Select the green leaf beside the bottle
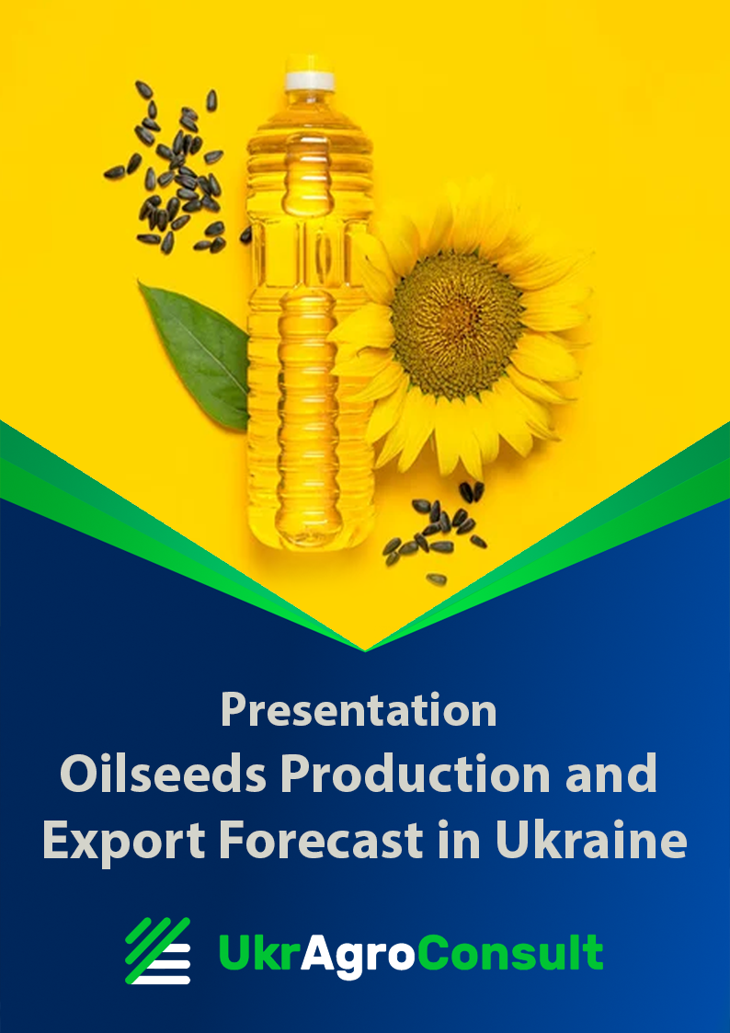click(195, 356)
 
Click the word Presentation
click(359, 710)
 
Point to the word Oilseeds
click(164, 775)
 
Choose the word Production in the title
click(416, 775)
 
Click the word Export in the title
click(124, 842)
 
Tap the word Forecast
click(321, 841)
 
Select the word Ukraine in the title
click(591, 841)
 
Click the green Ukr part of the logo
click(259, 953)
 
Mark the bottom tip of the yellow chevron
click(365, 650)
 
